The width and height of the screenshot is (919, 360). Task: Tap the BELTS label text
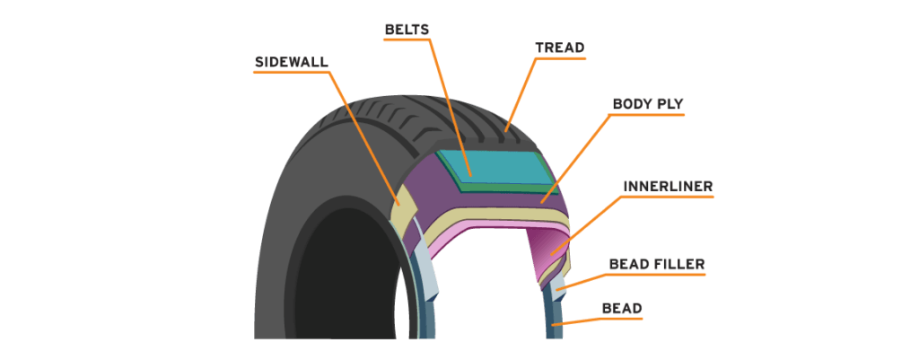pos(407,30)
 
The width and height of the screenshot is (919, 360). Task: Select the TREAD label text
pos(560,48)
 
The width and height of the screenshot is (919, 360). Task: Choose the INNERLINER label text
pos(668,186)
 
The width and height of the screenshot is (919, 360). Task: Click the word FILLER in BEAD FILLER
pos(675,264)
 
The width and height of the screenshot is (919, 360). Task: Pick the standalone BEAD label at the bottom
pos(622,309)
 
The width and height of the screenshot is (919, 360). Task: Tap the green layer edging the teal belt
pos(503,187)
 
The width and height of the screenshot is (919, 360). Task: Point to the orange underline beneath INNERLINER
pos(668,198)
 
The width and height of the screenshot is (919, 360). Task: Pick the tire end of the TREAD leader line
pos(507,129)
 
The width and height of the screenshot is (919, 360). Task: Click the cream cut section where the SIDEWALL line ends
pos(399,203)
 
